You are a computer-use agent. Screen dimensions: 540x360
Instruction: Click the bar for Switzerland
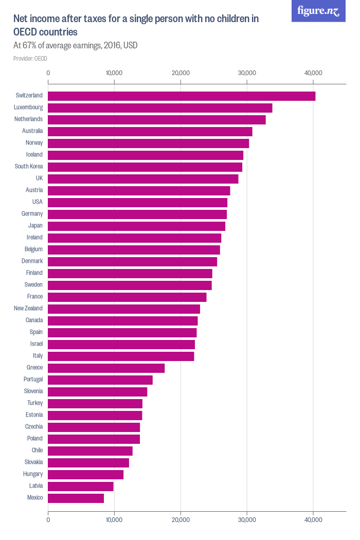coord(182,96)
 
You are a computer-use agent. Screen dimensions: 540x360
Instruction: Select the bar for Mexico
coord(76,498)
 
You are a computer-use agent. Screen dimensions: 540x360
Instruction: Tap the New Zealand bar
coord(124,309)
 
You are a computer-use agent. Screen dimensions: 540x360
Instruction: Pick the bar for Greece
coord(106,368)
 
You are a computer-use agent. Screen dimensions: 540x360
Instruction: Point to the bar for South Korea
coord(145,167)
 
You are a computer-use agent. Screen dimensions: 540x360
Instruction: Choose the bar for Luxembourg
coord(160,108)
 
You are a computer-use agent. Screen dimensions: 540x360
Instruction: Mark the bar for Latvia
coord(81,486)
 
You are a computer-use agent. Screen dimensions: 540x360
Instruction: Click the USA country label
coord(37,202)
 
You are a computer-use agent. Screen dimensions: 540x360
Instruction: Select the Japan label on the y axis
coord(35,226)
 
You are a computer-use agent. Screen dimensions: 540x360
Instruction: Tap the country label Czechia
coord(34,427)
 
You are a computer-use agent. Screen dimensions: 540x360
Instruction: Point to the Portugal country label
coord(33,380)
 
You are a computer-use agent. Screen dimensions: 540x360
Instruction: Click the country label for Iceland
coord(34,155)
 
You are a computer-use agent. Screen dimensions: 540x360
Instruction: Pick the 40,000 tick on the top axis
coord(313,73)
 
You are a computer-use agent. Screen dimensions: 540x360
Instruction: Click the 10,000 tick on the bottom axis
coord(114,520)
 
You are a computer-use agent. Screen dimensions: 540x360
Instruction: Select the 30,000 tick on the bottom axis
coord(247,520)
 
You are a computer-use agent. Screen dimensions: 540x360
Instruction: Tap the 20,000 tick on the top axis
coord(181,73)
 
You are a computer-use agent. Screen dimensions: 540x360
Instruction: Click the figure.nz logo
coord(318,11)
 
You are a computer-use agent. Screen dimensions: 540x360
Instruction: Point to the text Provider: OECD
coord(30,59)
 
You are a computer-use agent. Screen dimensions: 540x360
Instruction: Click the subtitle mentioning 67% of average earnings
coord(75,46)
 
